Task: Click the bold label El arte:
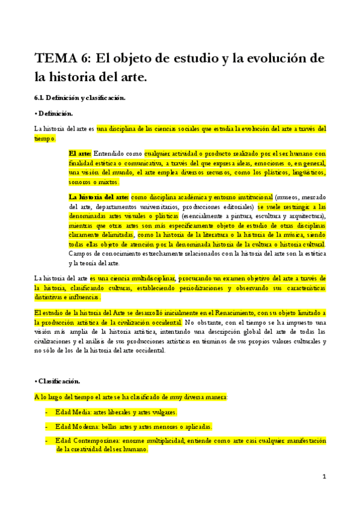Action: pyautogui.click(x=81, y=153)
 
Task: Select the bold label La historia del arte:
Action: pyautogui.click(x=99, y=197)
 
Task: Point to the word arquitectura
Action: pyautogui.click(x=305, y=216)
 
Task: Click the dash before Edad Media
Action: pyautogui.click(x=47, y=412)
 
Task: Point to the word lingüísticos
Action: pyautogui.click(x=304, y=173)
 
